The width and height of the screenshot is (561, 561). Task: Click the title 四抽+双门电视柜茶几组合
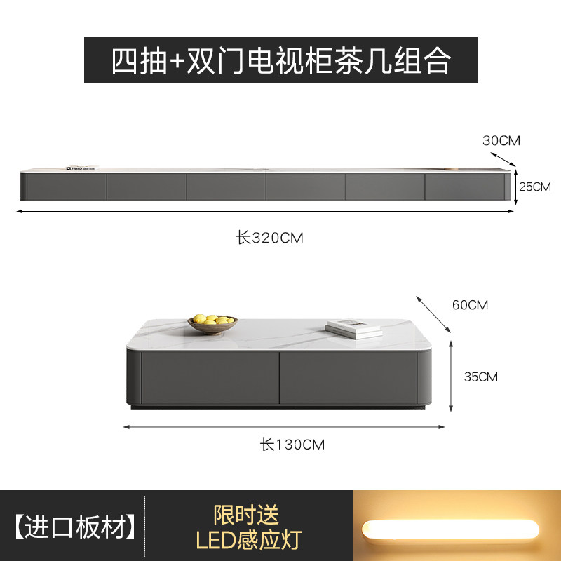coord(280,61)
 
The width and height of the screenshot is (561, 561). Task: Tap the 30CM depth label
coord(501,140)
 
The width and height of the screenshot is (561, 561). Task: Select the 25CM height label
coord(535,187)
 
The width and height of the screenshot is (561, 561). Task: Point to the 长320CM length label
coord(269,238)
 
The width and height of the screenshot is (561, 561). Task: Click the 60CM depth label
coord(470,305)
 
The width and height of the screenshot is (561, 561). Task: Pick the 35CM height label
coord(480,377)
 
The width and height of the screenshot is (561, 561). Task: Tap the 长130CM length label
coord(292,444)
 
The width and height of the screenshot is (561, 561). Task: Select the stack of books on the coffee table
coord(353,327)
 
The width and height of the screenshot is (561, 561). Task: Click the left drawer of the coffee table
coord(209,377)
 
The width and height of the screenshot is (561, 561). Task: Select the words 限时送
coord(246,515)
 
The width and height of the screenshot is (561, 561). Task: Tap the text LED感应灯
coord(247,540)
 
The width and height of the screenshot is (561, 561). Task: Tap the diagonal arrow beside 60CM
coord(434,313)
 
